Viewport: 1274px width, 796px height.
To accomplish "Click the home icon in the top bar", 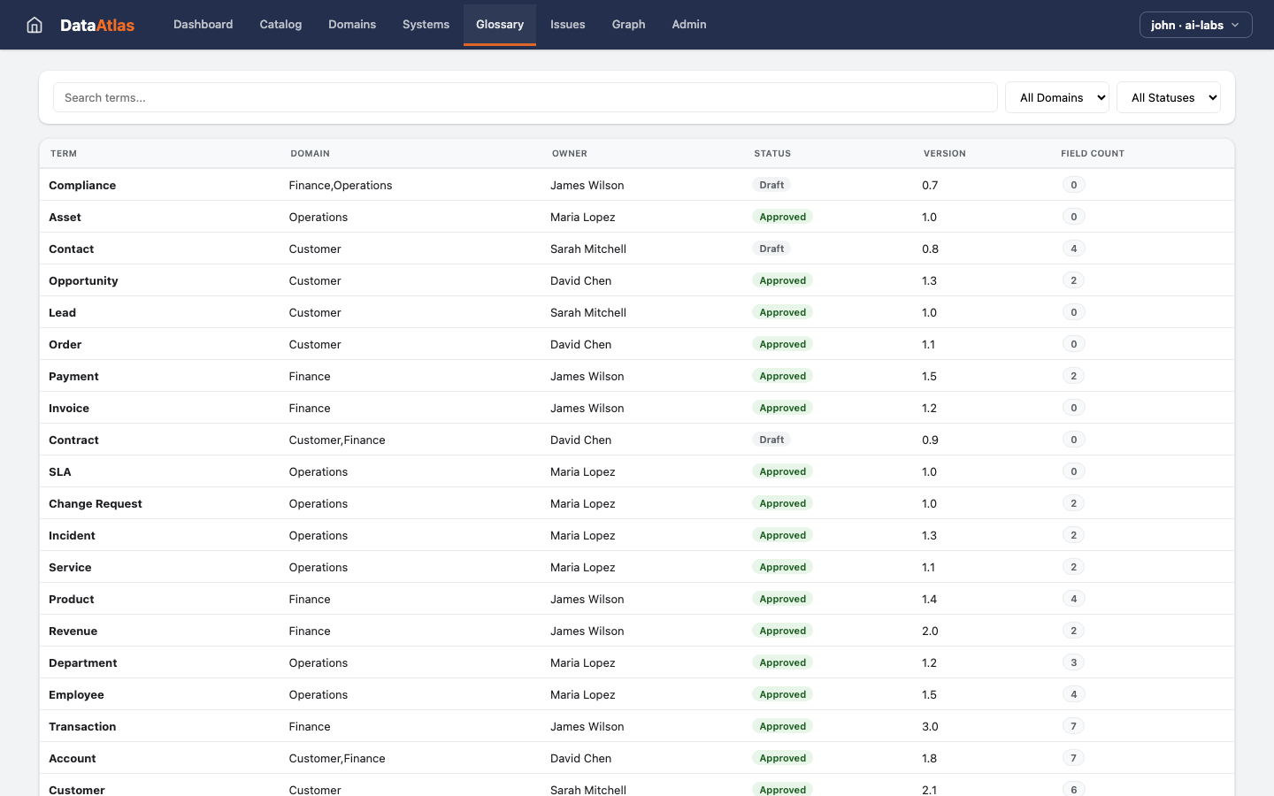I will [35, 25].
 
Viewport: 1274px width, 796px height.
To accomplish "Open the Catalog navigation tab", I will [280, 25].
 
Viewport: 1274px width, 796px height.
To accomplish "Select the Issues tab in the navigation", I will [567, 25].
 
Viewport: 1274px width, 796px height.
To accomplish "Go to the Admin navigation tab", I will [688, 25].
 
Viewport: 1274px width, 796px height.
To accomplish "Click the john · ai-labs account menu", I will [1195, 25].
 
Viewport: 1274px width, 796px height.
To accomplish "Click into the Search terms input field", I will [525, 97].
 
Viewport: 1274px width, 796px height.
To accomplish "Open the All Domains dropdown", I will [1056, 97].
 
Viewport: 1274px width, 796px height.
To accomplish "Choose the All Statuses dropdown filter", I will [1168, 97].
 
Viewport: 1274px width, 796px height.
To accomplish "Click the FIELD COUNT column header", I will [1093, 154].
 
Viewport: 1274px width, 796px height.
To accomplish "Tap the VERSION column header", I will [944, 154].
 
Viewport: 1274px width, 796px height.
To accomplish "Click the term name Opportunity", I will [83, 280].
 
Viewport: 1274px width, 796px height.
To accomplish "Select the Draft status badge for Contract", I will [771, 440].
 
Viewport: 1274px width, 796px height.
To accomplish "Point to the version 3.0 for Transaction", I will [930, 726].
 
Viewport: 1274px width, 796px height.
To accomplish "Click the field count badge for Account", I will [1073, 758].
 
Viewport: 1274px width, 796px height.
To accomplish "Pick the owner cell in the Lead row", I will [587, 312].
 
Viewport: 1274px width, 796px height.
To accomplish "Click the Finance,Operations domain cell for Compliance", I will [341, 185].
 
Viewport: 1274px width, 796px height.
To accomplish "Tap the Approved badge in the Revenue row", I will [782, 631].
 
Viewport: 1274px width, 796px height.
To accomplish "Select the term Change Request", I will [96, 503].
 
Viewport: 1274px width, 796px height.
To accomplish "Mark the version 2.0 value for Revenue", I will [930, 631].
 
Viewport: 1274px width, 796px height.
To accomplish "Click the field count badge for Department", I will [1073, 662].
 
